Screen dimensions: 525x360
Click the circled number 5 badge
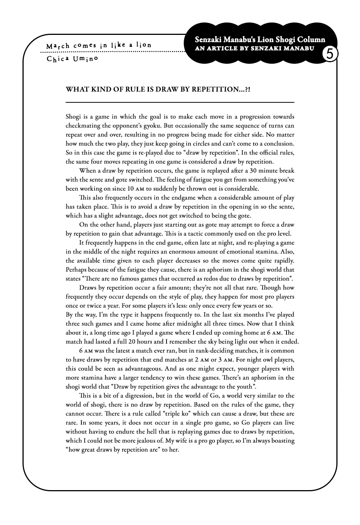tap(330, 54)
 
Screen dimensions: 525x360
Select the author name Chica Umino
tap(72, 59)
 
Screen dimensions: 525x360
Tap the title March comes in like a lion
tap(99, 45)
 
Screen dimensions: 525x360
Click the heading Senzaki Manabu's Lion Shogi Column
tap(260, 40)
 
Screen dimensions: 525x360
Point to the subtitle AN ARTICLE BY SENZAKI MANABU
tap(255, 48)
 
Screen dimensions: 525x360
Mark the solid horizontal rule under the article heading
tap(180, 102)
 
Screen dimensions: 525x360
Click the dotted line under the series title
tap(112, 52)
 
